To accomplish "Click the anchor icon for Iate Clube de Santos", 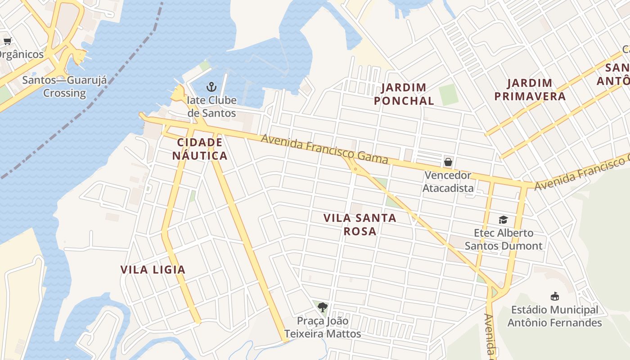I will tap(211, 86).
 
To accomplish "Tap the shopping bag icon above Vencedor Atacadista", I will tap(448, 162).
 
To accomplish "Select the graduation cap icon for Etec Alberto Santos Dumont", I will tap(503, 220).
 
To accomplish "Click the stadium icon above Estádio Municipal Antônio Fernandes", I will tap(555, 296).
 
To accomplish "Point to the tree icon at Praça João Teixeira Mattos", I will tap(322, 307).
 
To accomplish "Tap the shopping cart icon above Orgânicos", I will tap(7, 41).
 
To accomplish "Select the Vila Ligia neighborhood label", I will tap(153, 270).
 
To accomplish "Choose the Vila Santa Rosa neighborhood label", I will tap(360, 225).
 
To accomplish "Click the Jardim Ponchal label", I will tap(404, 94).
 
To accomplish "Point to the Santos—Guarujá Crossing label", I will tap(65, 87).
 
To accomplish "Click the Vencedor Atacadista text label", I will tap(448, 182).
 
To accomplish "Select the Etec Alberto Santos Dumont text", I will tap(504, 239).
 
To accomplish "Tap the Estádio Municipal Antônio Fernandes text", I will tap(555, 316).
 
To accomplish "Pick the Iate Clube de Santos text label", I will tap(211, 106).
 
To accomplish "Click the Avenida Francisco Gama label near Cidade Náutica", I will tap(324, 149).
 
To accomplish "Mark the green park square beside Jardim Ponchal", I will tap(449, 95).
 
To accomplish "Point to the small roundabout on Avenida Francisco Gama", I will tap(355, 169).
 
